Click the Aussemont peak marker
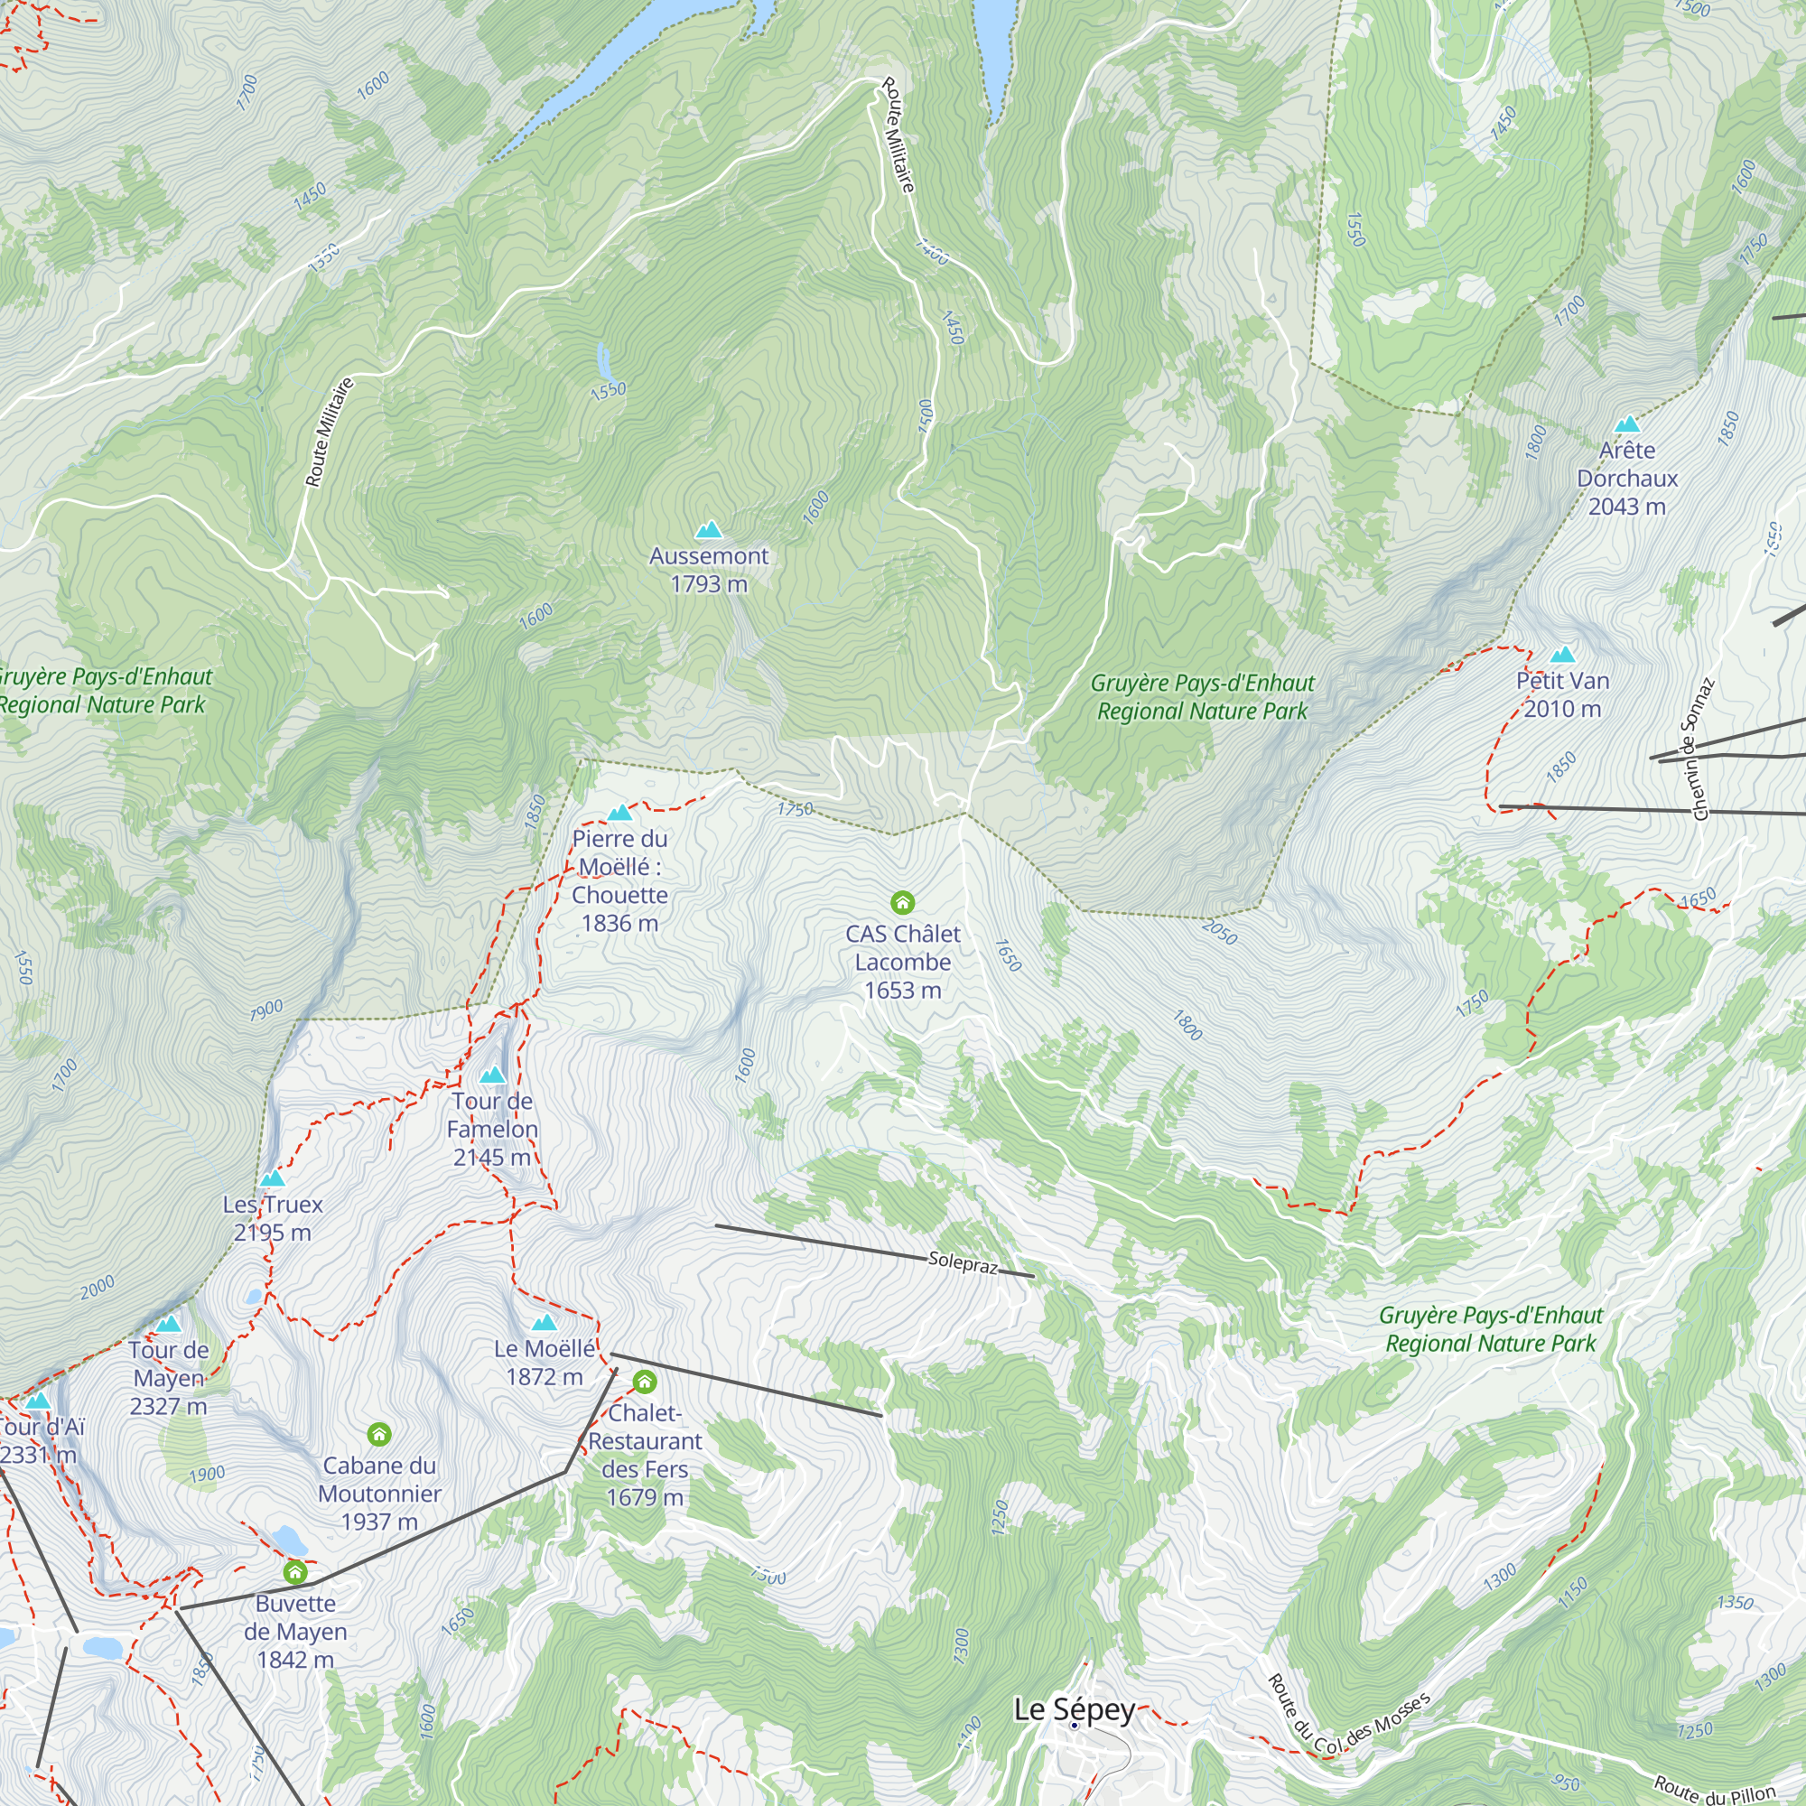[x=709, y=530]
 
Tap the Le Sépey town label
[x=1074, y=1709]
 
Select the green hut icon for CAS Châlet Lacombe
[x=902, y=902]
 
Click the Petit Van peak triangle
[x=1562, y=656]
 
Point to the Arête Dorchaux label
[x=1626, y=478]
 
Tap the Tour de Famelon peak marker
[x=493, y=1076]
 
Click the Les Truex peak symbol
[x=272, y=1178]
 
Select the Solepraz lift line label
[x=963, y=1264]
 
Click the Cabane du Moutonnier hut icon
[x=378, y=1434]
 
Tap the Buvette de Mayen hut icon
[x=295, y=1572]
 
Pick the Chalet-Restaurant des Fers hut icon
[x=644, y=1382]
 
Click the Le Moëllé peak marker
[x=544, y=1323]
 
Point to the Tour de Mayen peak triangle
[x=168, y=1325]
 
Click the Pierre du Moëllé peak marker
[x=619, y=814]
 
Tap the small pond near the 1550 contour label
[x=604, y=357]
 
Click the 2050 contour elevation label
[x=1219, y=932]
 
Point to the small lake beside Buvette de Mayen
[x=286, y=1540]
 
